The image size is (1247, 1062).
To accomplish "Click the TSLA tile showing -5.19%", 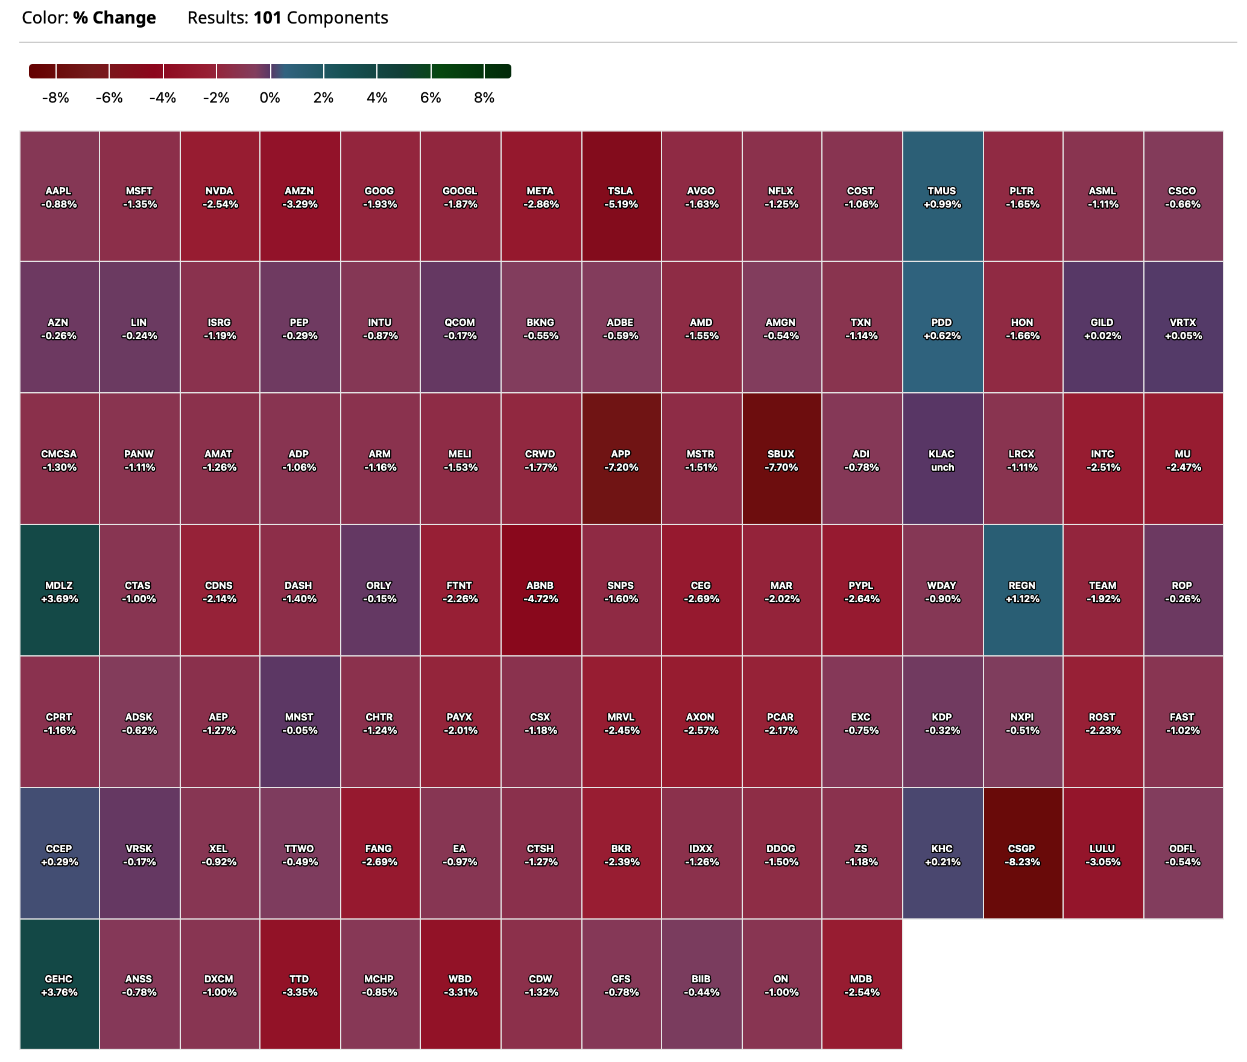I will [x=621, y=197].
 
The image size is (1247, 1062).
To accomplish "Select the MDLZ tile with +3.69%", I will [x=59, y=591].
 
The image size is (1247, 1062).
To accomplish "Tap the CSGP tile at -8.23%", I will [x=1022, y=854].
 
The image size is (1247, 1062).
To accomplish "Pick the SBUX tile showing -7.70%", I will [x=781, y=460].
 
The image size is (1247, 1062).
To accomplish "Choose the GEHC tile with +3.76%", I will [x=59, y=985].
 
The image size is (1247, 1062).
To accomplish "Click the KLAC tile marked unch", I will [x=942, y=460].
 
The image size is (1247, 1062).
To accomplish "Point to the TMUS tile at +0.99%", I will [x=942, y=197].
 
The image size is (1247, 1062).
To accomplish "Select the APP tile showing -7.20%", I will [x=621, y=460].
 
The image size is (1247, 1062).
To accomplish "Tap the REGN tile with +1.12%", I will [x=1022, y=591].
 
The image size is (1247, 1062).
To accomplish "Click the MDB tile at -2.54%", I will [x=861, y=985].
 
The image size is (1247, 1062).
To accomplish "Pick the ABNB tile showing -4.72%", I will [x=540, y=591].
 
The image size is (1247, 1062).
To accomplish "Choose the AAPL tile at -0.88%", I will [x=59, y=197].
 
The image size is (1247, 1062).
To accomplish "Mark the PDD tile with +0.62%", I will [x=942, y=328].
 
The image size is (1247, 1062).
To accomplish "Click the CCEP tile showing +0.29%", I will [x=59, y=854].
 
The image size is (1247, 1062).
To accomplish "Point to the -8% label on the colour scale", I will [x=55, y=98].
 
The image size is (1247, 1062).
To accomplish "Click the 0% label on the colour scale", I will [x=270, y=98].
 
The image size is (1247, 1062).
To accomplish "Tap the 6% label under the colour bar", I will [x=431, y=98].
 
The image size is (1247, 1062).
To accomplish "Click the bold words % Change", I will [x=115, y=18].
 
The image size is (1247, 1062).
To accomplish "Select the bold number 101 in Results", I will [x=268, y=18].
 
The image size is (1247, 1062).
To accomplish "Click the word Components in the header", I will [x=338, y=18].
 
